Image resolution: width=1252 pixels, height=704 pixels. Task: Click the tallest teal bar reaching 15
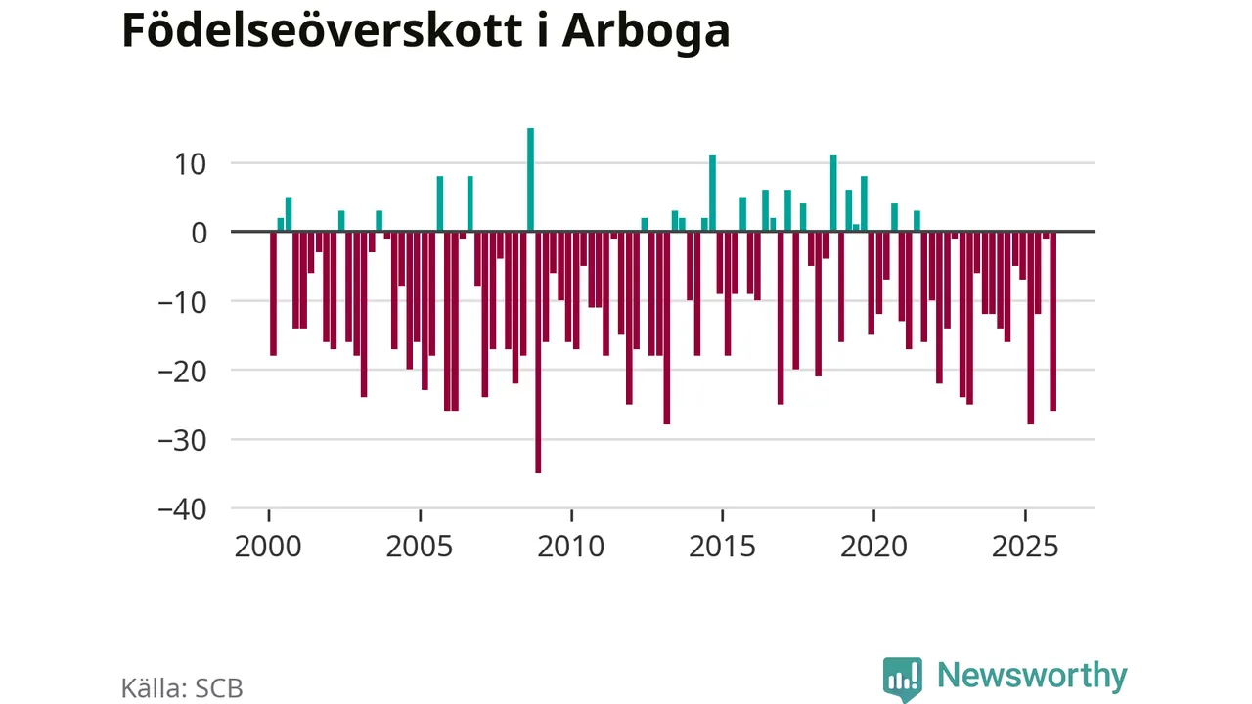point(530,180)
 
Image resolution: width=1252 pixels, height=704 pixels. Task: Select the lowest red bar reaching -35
point(538,352)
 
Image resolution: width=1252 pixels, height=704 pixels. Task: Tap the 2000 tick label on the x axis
point(268,546)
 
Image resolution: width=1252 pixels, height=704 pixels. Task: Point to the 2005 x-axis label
point(420,546)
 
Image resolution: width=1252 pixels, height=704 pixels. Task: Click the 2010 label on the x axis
point(571,546)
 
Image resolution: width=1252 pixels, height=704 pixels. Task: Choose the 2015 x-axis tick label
point(722,546)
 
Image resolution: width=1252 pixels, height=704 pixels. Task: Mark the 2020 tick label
point(873,546)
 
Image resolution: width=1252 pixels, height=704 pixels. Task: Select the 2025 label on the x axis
point(1025,546)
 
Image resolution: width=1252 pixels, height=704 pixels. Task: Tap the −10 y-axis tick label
point(186,302)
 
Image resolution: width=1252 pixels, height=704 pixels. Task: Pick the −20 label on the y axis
point(186,371)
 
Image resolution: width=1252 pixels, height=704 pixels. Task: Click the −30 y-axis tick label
point(186,440)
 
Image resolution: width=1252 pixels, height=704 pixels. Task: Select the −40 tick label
point(186,509)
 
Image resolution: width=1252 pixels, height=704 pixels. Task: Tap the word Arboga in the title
point(647,31)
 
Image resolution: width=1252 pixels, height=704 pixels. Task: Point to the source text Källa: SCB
point(182,688)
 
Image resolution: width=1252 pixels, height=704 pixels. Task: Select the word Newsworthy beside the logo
point(1032,676)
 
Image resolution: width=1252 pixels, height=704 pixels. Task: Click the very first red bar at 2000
point(274,293)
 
